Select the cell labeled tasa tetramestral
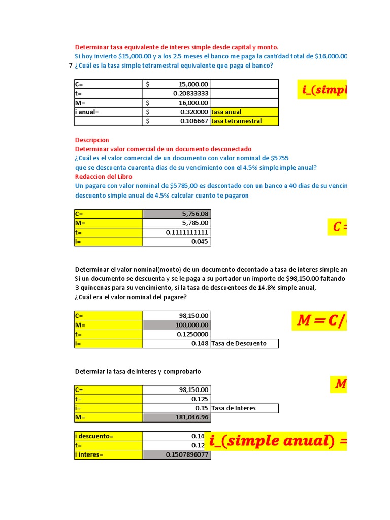[x=244, y=121]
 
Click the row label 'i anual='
[x=108, y=112]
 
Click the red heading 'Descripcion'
[x=92, y=140]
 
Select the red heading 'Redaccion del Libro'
[x=104, y=176]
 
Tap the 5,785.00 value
[x=176, y=223]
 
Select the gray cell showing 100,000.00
[x=176, y=325]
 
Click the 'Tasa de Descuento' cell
[x=244, y=343]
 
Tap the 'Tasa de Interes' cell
[x=244, y=408]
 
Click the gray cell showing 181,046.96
[x=176, y=417]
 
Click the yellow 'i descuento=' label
[x=108, y=436]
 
